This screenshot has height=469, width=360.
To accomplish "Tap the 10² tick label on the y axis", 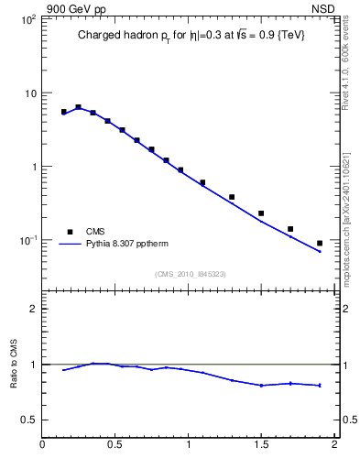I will (x=27, y=19).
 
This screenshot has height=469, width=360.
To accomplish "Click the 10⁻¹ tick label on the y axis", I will (x=27, y=240).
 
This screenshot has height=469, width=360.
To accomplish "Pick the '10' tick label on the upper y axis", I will (x=29, y=93).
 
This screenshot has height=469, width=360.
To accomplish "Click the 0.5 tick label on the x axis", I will (x=115, y=445).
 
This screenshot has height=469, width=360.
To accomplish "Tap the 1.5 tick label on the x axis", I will (x=261, y=445).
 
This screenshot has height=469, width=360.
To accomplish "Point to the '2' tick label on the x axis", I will (x=334, y=445).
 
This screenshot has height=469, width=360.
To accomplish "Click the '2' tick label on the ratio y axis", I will (x=33, y=309).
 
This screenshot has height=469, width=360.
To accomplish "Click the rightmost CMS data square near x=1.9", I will (x=320, y=243).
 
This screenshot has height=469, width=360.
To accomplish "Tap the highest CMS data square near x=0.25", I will (x=79, y=107).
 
